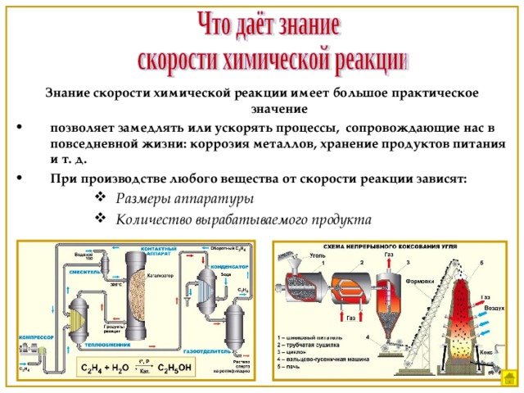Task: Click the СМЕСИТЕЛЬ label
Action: point(84,270)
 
